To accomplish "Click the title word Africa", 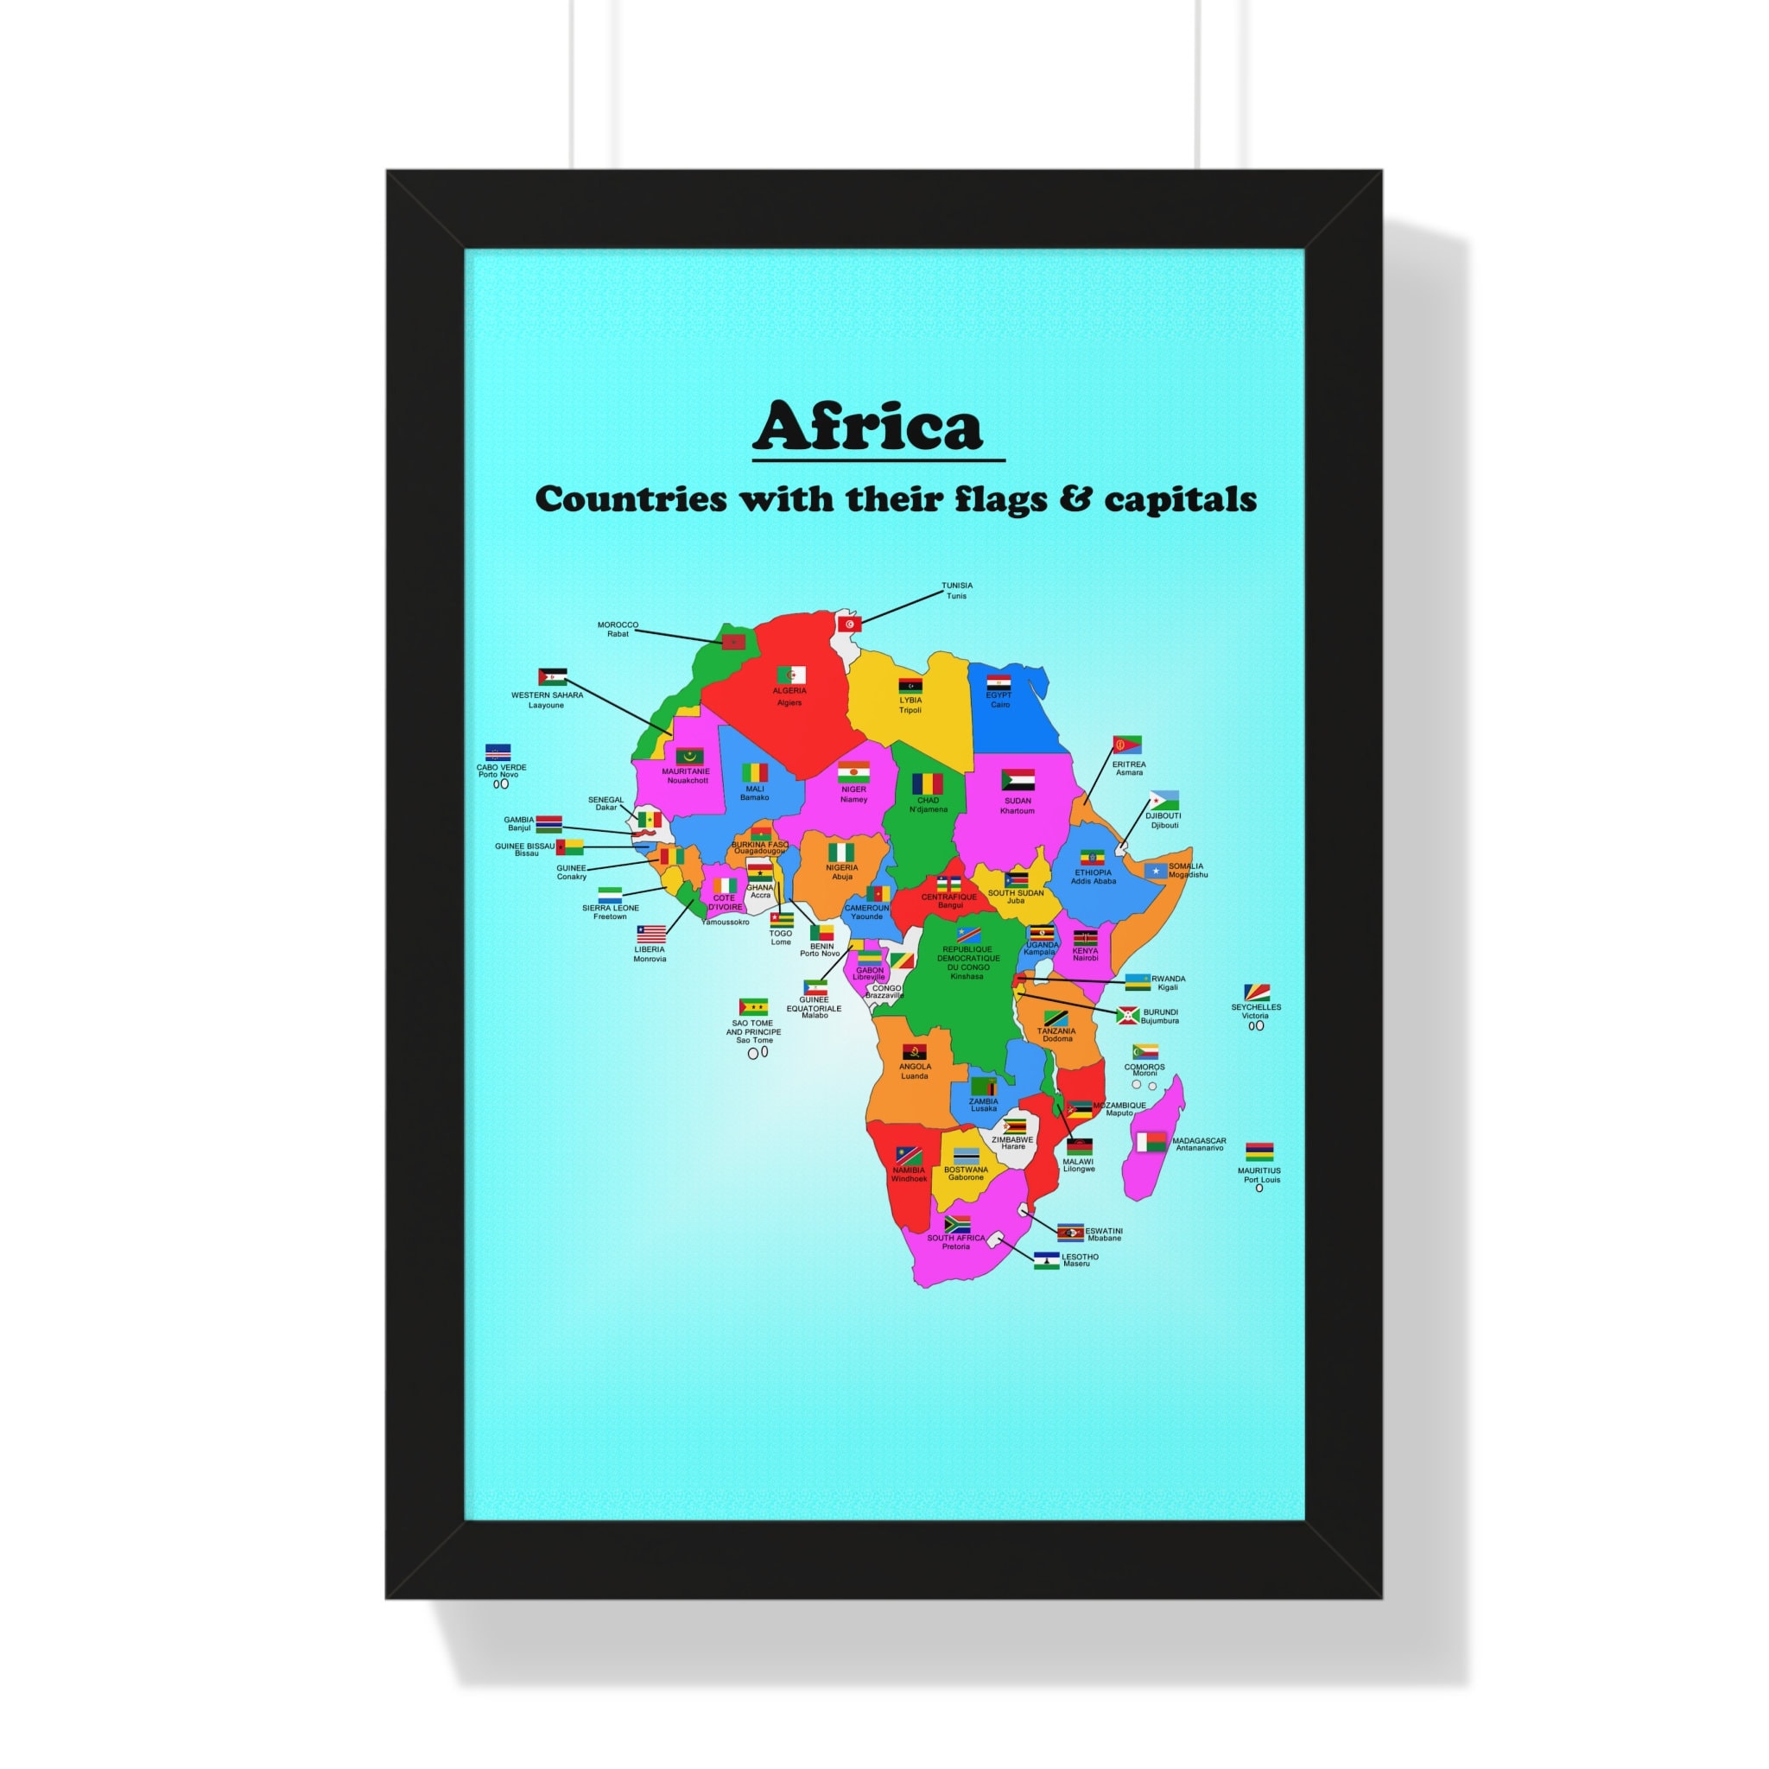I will (867, 427).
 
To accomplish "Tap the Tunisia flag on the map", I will (850, 625).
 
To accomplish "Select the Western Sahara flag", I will (552, 677).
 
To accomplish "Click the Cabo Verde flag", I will (498, 752).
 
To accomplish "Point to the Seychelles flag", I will (1256, 992).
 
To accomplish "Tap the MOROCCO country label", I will (618, 625).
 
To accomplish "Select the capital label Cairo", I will (1000, 704).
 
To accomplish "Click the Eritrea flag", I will (1127, 745).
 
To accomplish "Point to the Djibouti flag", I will (1163, 800).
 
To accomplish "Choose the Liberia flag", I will (651, 934).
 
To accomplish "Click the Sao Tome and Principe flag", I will (753, 1007).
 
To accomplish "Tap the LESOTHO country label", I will (1080, 1257).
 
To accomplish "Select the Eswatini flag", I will (1069, 1233).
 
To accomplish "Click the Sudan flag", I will (1018, 780).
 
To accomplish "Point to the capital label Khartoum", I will (1018, 810).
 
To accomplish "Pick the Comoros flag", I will (1144, 1052).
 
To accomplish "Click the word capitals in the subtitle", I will (1180, 500).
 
